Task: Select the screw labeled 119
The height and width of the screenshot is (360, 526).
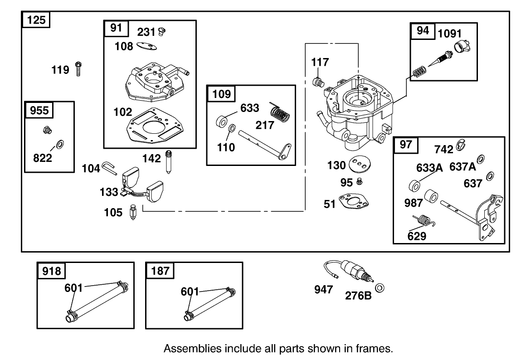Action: point(79,69)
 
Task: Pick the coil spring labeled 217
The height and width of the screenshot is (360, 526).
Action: point(280,112)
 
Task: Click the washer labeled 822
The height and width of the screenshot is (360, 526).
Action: point(59,145)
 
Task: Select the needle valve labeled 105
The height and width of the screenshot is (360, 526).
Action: point(133,212)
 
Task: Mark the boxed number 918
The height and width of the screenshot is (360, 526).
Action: point(51,271)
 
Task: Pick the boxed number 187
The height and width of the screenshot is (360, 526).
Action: point(160,271)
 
